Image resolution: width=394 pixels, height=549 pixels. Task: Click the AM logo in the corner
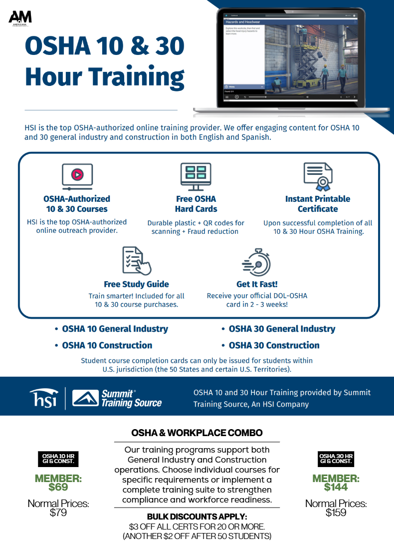point(20,18)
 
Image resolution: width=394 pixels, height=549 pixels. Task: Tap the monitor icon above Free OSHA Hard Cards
point(196,176)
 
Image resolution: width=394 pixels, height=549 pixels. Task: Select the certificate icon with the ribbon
point(318,176)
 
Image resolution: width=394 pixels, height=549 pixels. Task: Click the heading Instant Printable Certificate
point(318,204)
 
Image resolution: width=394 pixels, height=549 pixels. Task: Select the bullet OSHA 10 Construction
point(107,345)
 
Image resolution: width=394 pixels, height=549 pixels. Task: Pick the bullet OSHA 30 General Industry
point(282,329)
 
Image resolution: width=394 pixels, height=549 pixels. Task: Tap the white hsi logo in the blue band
point(43,398)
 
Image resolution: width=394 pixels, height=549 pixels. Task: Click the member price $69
point(58,487)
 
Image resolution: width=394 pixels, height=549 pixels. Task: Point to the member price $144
point(336,487)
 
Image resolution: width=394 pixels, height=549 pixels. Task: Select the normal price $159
point(336,512)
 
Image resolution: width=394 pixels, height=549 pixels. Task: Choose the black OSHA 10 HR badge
point(58,459)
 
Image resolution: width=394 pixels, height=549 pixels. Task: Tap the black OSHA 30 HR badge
point(336,459)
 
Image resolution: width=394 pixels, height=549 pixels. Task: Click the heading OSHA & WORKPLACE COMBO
point(197,433)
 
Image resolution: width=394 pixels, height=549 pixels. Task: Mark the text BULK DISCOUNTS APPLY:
point(197,517)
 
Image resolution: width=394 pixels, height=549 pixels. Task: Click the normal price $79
point(58,512)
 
